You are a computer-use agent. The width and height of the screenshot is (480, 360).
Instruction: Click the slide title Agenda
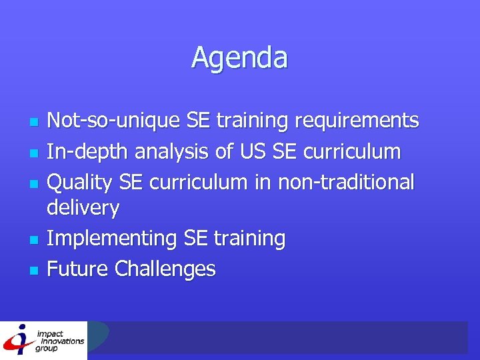click(x=239, y=57)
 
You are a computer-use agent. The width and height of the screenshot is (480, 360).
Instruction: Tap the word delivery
click(x=83, y=208)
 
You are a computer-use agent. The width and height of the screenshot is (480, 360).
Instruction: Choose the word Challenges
click(x=165, y=269)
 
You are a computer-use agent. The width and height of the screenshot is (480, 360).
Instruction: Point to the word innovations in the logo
click(x=61, y=341)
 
